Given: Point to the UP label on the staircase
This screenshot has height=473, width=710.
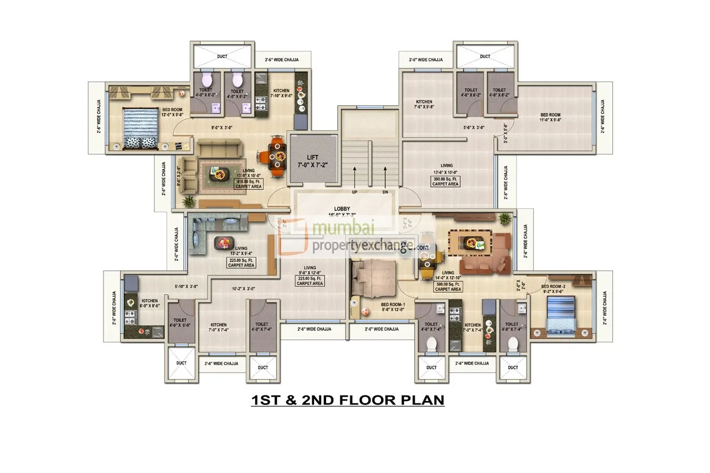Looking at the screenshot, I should click(354, 192).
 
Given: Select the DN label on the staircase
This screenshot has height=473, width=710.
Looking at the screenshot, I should click(385, 192).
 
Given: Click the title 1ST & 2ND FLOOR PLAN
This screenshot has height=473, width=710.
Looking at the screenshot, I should click(348, 400).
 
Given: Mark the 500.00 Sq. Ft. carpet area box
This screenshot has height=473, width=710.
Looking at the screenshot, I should click(448, 287).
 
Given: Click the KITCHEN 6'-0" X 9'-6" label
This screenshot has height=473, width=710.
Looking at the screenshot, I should click(149, 303).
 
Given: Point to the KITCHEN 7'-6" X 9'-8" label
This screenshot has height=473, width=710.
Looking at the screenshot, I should click(424, 104).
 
